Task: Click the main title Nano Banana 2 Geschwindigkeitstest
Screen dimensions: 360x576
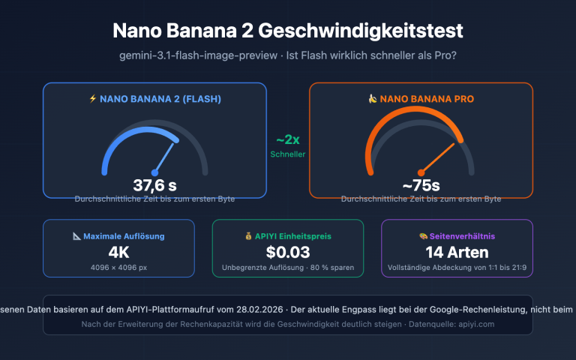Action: [288, 31]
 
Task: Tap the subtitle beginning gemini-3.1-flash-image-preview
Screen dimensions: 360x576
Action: [288, 56]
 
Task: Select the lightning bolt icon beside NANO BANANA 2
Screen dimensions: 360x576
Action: [93, 98]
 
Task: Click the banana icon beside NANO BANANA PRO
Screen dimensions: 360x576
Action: [372, 98]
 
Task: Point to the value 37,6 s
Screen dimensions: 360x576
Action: [154, 185]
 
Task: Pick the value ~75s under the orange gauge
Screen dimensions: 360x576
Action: [421, 185]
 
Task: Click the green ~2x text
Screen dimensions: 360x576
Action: [288, 140]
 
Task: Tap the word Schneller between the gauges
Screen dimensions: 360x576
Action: [288, 154]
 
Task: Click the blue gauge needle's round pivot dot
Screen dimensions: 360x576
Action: [155, 172]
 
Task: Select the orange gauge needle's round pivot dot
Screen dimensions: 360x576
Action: [421, 172]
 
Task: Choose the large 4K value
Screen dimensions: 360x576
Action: [118, 252]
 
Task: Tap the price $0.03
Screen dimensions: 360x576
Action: [288, 252]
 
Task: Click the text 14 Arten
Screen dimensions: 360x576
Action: [457, 252]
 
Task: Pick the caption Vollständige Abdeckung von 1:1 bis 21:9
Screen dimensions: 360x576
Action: [457, 267]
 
